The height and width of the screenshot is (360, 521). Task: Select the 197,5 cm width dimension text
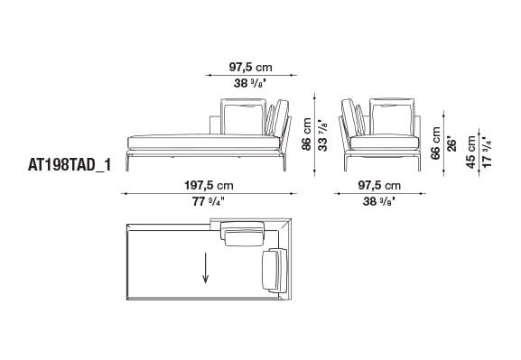tap(206, 186)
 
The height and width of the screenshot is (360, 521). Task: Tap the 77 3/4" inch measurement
tap(206, 203)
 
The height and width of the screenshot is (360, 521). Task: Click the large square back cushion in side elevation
tap(243, 118)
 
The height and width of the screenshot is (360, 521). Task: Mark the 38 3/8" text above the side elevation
tap(250, 82)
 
